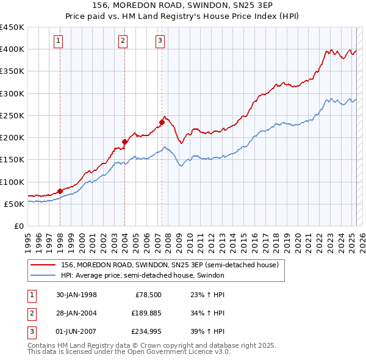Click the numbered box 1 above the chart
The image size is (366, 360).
(59, 41)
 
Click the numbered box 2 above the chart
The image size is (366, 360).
(123, 41)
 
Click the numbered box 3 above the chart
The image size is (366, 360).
(160, 41)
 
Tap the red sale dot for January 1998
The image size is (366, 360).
(60, 191)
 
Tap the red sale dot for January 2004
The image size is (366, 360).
(124, 142)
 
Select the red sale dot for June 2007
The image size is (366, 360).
(162, 122)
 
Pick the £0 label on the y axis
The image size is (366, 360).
(19, 226)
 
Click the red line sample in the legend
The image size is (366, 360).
(44, 265)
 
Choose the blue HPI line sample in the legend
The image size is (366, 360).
(44, 275)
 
